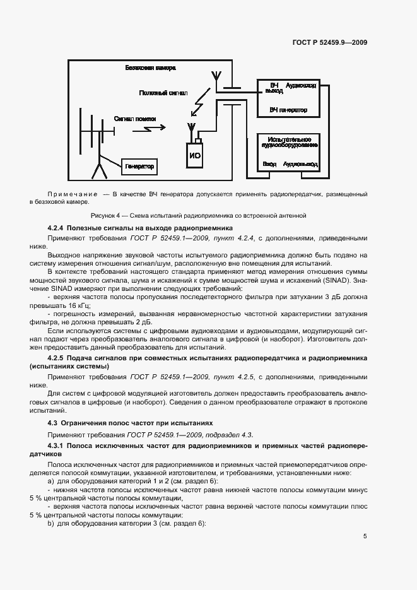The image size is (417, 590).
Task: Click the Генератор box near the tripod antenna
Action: [x=139, y=166]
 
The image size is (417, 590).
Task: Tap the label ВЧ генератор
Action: [x=288, y=110]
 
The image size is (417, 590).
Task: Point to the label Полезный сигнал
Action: [x=163, y=93]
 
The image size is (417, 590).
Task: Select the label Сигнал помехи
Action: [x=134, y=118]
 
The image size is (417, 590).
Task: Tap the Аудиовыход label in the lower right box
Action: [x=300, y=164]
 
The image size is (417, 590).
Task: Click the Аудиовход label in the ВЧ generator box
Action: [x=302, y=85]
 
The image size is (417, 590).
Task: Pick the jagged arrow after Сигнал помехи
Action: [x=154, y=127]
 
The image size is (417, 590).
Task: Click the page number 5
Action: [x=365, y=536]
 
